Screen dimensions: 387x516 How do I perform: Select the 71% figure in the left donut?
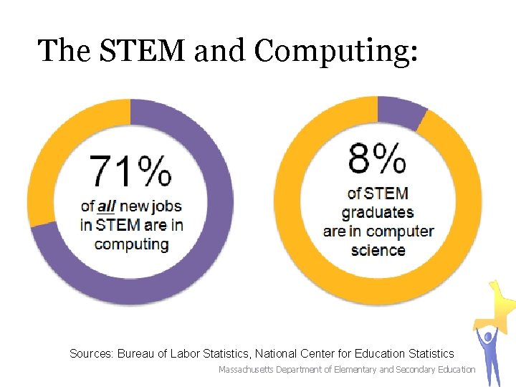130,172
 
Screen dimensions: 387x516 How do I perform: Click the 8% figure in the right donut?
377,158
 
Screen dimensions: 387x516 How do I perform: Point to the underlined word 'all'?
106,206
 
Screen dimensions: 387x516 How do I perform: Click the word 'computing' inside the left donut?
131,244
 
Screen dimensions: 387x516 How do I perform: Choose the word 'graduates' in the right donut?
378,212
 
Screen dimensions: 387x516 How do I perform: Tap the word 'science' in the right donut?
378,250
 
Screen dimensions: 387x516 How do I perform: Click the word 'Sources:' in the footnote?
92,353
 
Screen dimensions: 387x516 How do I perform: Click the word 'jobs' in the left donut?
167,206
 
